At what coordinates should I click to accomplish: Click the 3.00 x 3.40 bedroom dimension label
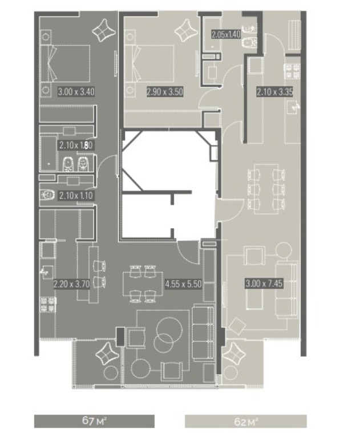(x=76, y=92)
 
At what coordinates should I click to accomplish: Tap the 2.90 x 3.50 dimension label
(x=165, y=92)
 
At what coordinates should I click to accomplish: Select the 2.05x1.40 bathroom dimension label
(x=226, y=34)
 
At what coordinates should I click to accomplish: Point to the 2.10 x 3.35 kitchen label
(x=275, y=92)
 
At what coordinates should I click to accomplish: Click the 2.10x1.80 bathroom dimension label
(x=75, y=145)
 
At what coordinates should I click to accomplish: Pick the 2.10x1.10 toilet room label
(x=76, y=195)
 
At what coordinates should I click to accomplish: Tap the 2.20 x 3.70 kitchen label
(x=71, y=284)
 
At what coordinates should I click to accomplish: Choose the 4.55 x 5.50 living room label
(x=183, y=285)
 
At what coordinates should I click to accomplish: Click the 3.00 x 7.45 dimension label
(x=264, y=284)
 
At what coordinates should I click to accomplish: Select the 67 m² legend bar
(x=94, y=421)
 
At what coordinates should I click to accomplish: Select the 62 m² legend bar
(x=246, y=421)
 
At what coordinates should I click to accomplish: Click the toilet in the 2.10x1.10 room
(x=47, y=194)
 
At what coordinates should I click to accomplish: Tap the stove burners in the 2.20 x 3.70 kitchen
(x=48, y=304)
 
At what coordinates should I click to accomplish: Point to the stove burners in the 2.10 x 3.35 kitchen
(x=292, y=71)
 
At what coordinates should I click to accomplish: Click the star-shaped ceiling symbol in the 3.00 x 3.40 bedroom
(x=104, y=31)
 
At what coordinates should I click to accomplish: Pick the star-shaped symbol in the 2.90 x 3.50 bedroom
(x=187, y=31)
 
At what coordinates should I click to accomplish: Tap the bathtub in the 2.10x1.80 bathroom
(x=48, y=153)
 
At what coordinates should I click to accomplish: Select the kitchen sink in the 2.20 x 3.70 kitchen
(x=46, y=272)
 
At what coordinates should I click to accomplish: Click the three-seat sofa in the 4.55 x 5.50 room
(x=203, y=333)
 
